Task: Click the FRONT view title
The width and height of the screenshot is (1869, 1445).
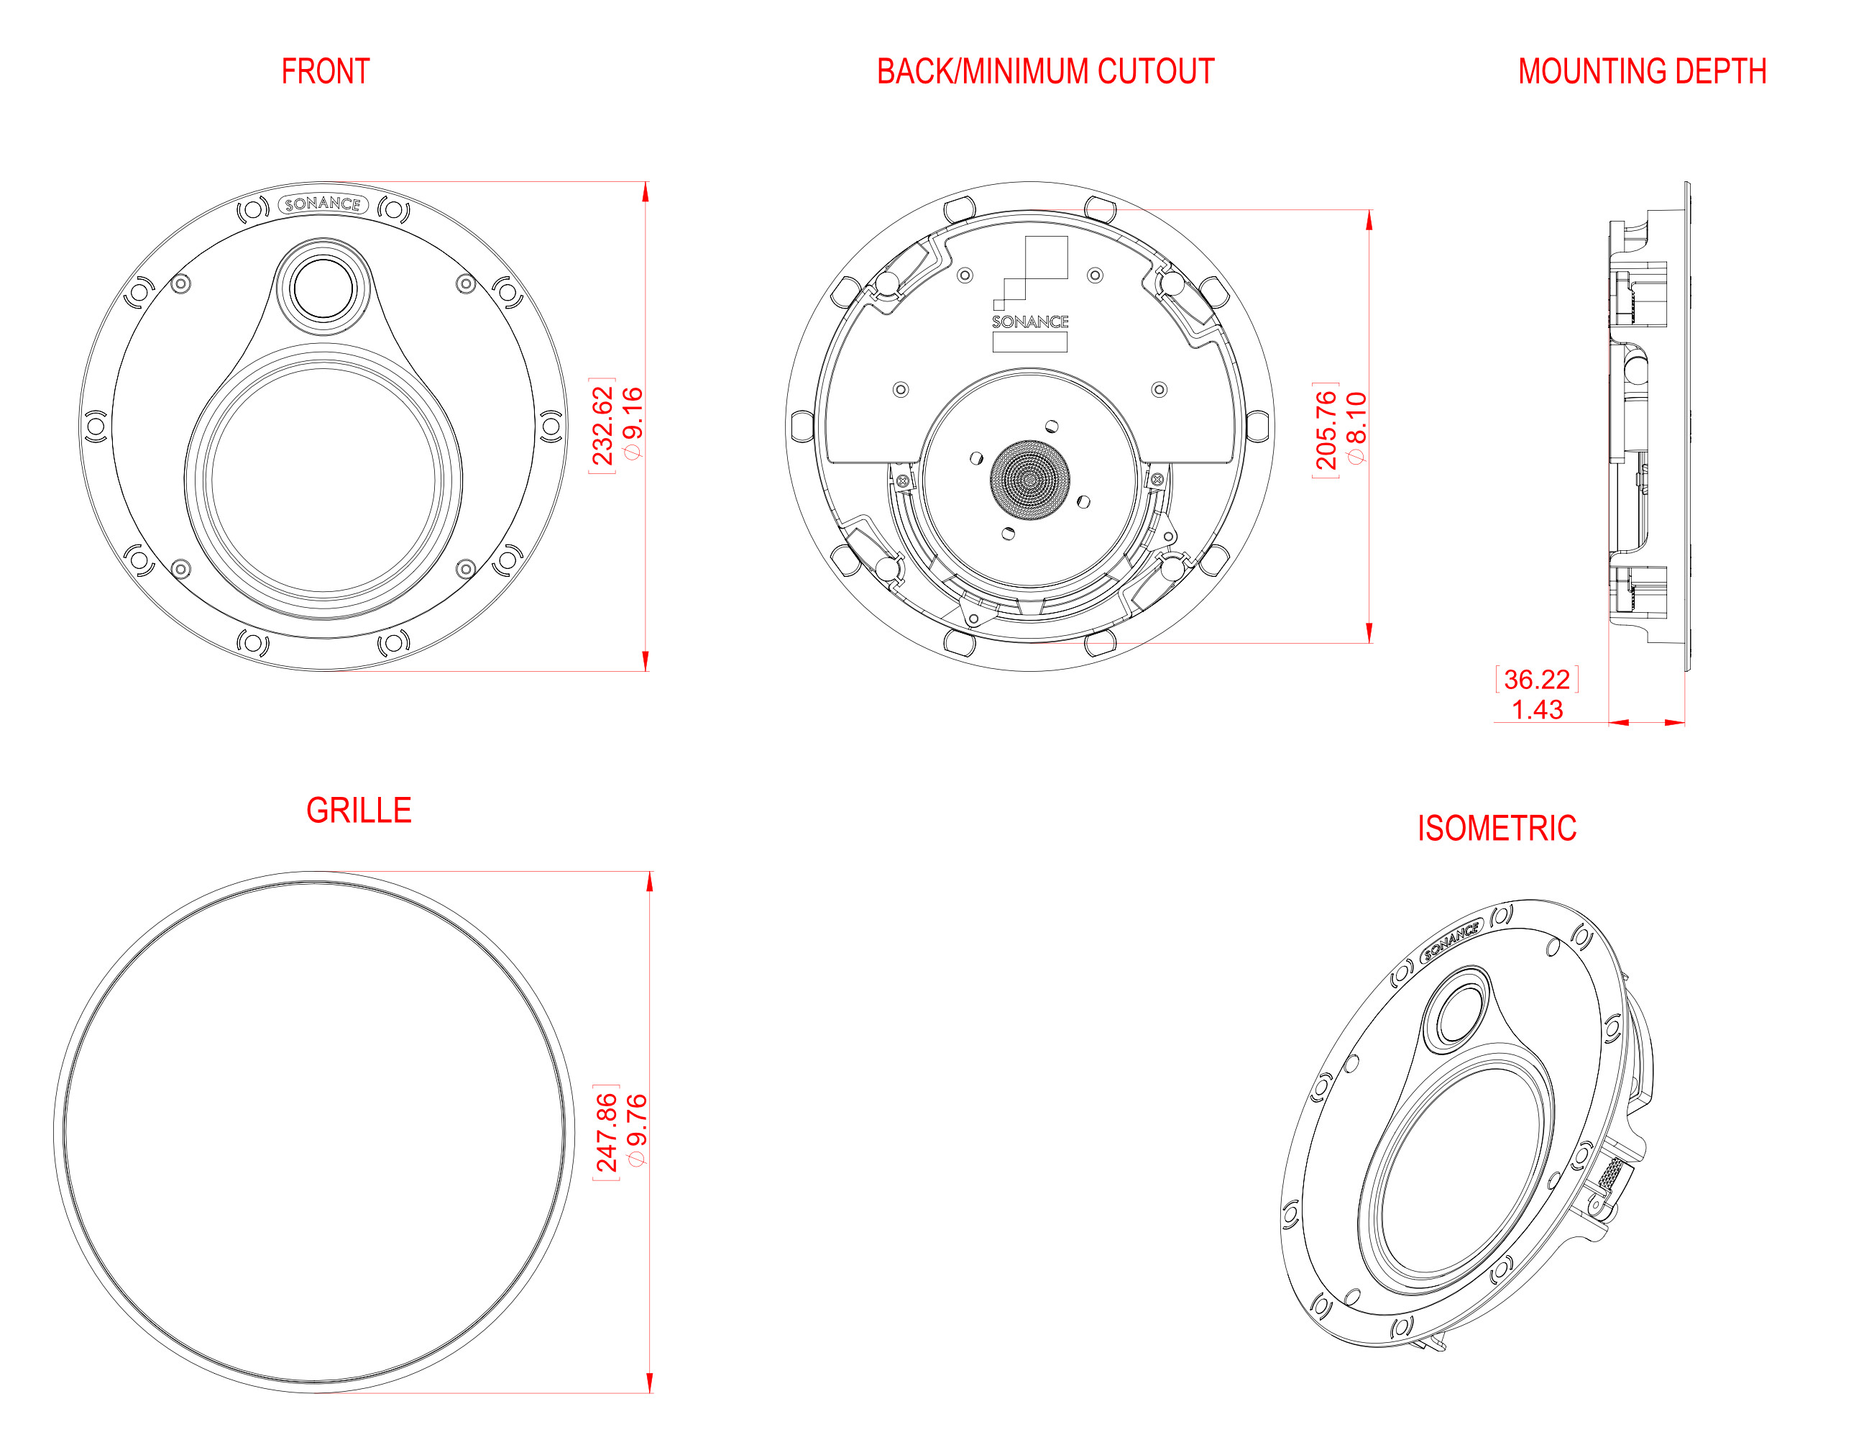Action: (325, 71)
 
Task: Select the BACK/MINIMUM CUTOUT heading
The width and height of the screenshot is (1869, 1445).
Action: (1045, 71)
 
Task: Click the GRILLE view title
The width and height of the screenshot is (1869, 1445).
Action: (359, 810)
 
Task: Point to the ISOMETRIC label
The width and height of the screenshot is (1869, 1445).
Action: (1497, 828)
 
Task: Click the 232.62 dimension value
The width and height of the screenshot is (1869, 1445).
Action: (603, 426)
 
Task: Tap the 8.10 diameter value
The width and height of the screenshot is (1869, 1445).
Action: (1356, 428)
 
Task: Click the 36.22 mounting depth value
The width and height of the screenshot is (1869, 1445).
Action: (1537, 679)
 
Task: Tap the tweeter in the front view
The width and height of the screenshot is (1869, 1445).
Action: (323, 288)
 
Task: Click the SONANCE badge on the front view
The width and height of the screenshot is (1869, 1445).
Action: (323, 204)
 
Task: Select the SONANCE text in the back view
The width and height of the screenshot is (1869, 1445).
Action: (1029, 322)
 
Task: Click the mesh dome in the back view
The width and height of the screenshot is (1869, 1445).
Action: (1029, 479)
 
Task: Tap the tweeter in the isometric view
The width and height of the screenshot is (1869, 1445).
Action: (1457, 1012)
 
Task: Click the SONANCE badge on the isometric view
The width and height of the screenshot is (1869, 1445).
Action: (1451, 939)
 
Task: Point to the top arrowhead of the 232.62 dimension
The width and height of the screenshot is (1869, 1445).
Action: (646, 192)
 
